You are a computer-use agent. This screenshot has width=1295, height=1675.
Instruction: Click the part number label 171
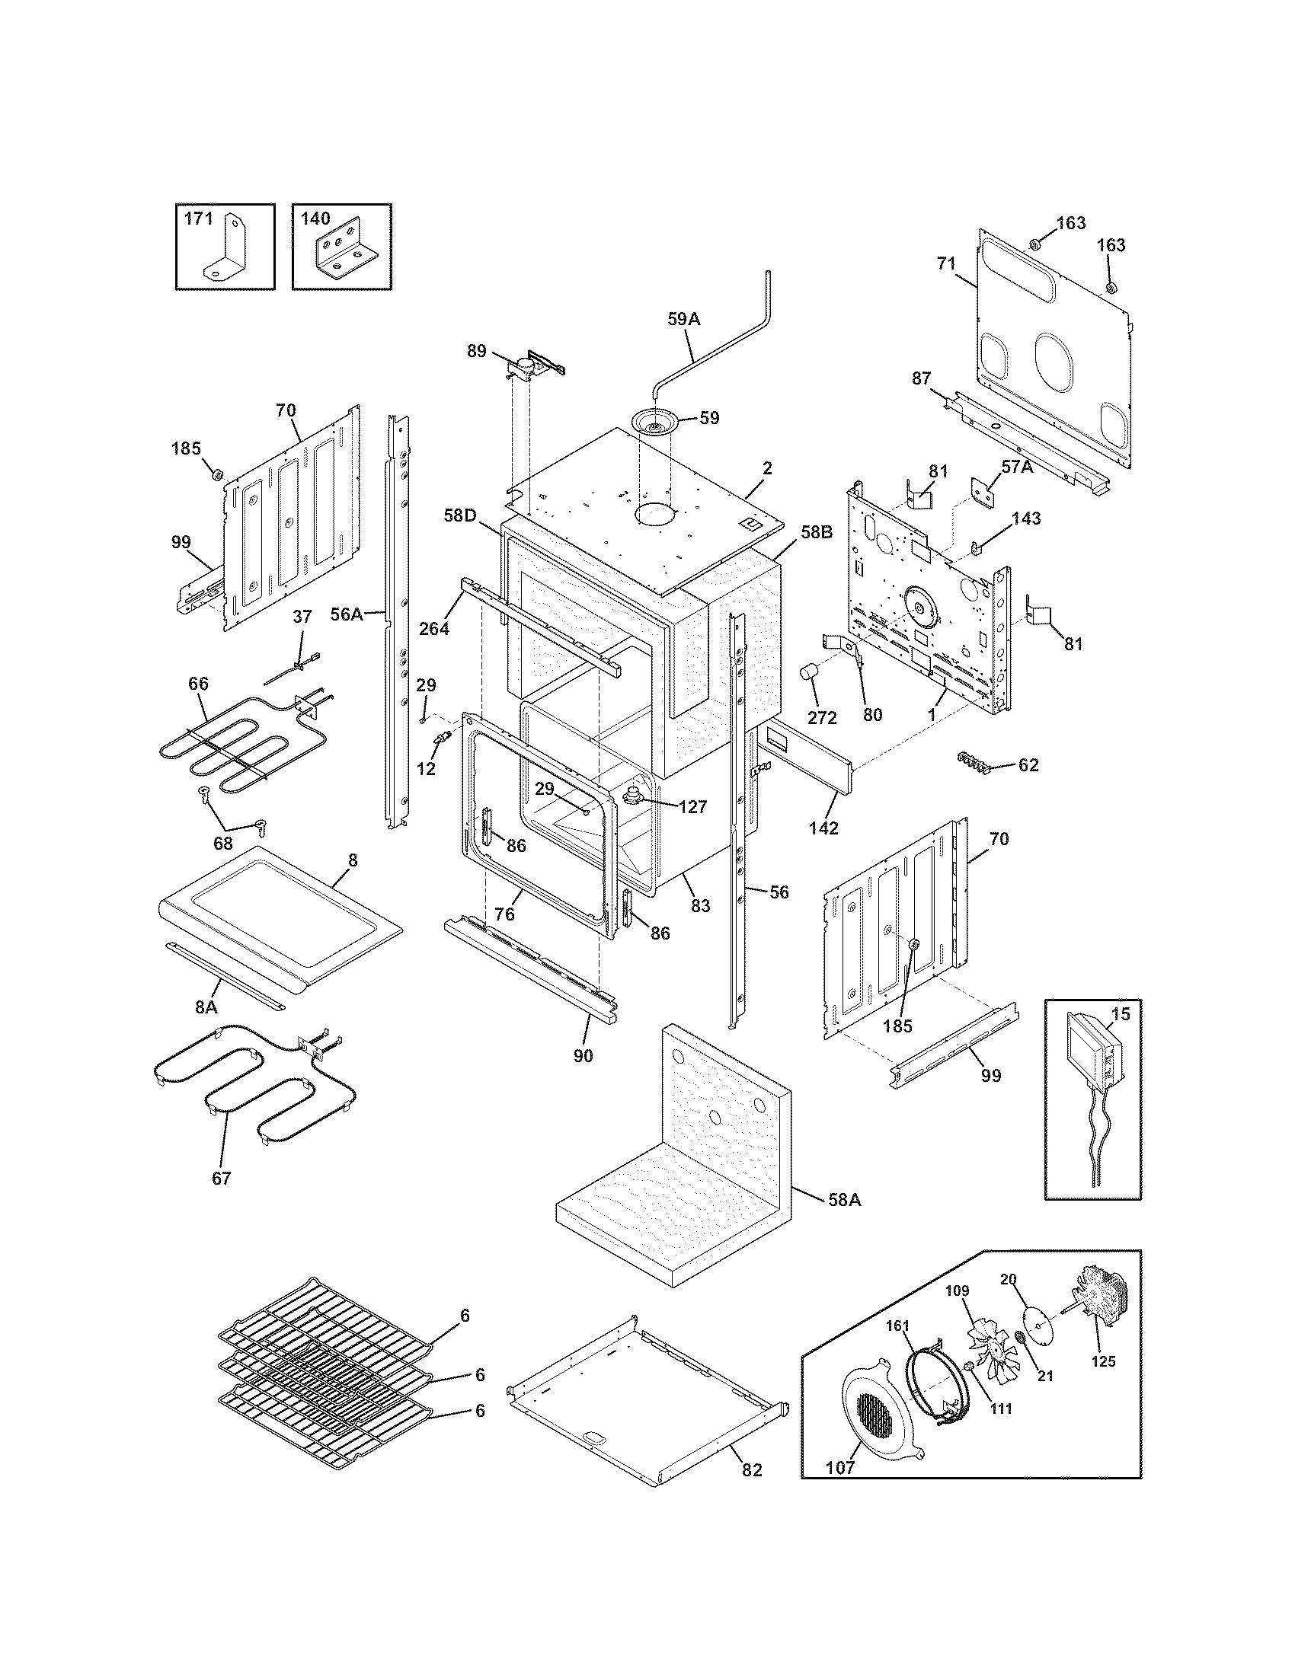pos(198,219)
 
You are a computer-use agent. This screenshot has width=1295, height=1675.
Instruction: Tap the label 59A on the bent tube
pos(683,319)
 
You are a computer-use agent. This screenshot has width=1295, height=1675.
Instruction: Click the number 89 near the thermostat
pos(476,350)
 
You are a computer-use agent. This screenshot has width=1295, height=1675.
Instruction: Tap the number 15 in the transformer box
pos(1120,1015)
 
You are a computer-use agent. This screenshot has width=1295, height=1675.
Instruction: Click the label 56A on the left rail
pos(347,614)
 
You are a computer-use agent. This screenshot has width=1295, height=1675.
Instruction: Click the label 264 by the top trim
pos(434,628)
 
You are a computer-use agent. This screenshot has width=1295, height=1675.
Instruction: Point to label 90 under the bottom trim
pos(583,1056)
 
